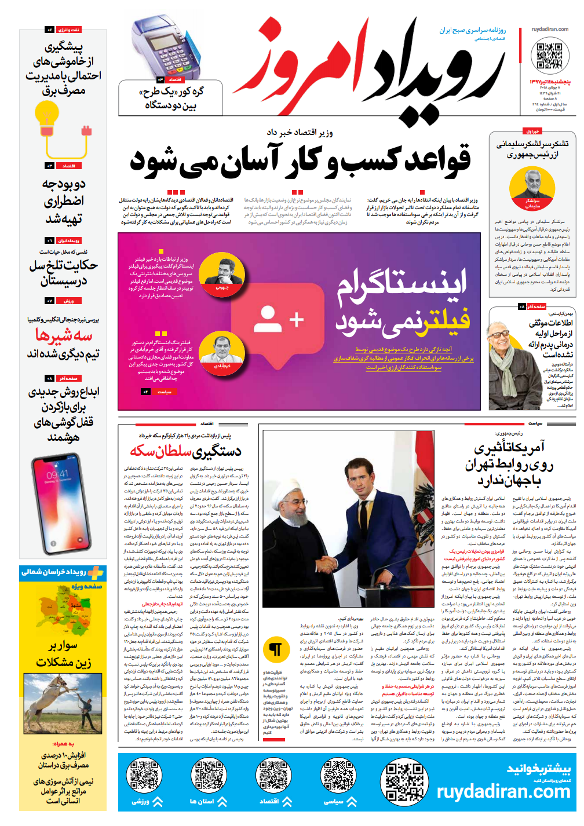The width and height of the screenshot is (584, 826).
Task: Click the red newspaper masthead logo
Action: pyautogui.click(x=371, y=72)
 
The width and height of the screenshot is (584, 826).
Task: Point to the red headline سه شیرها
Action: pyautogui.click(x=63, y=335)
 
